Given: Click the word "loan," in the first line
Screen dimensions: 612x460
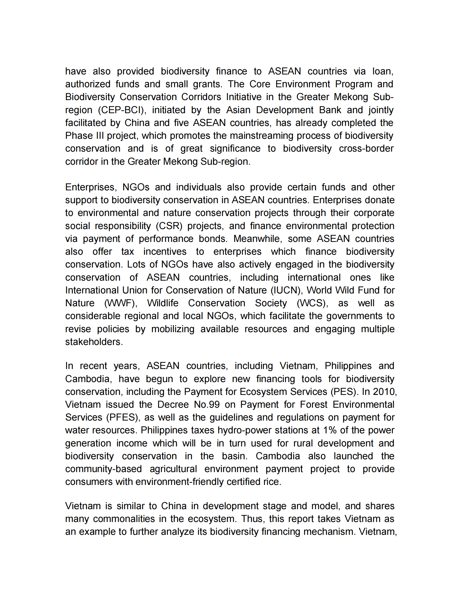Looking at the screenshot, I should tap(383, 71).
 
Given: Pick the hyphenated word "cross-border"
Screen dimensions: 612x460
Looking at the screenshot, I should tap(366, 149).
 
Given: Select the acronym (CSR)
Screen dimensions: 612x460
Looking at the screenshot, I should tap(169, 226).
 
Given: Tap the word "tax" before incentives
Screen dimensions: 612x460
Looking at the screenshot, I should tap(128, 252).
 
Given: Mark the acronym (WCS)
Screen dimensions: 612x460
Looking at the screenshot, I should tap(312, 303).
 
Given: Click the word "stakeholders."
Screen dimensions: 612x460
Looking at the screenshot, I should tap(94, 342).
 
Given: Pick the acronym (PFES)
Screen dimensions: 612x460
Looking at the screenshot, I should tap(122, 418).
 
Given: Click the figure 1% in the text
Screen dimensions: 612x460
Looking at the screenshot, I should tap(330, 431).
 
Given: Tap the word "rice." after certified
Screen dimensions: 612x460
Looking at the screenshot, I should tap(272, 482).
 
